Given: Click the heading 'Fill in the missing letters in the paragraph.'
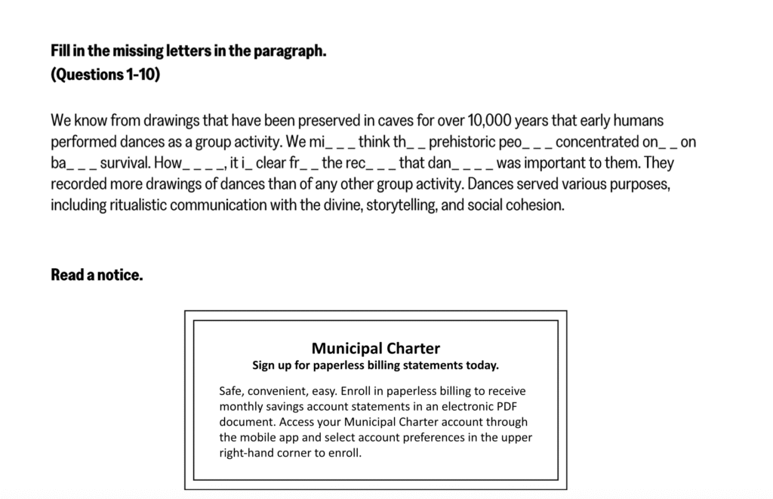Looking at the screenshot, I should (188, 52).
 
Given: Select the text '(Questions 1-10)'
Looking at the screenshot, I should (105, 74).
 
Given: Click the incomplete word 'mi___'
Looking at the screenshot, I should (331, 141).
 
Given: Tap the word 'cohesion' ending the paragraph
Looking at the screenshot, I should (537, 205).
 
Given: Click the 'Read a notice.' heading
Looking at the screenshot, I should (97, 275).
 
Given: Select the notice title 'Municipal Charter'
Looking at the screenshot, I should (375, 348).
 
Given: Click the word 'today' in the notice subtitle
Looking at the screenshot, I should (481, 365).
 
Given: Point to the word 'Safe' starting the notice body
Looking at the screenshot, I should (231, 391).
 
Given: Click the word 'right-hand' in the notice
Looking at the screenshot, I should (246, 454).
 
